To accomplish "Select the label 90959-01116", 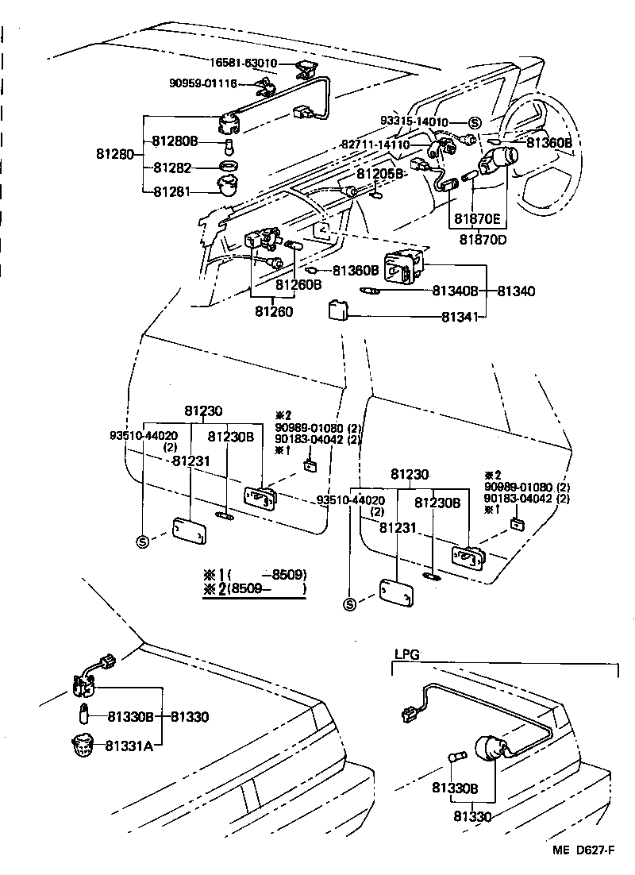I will (202, 83).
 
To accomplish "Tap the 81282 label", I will (174, 168).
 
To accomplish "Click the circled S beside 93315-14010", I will (474, 122).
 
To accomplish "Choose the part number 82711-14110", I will (375, 145).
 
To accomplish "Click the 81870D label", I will (480, 238).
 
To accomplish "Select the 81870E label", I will (477, 218).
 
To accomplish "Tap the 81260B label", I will (298, 284).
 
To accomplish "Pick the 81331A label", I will (129, 745).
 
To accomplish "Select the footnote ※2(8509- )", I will (254, 590).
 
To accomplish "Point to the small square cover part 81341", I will (337, 310).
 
